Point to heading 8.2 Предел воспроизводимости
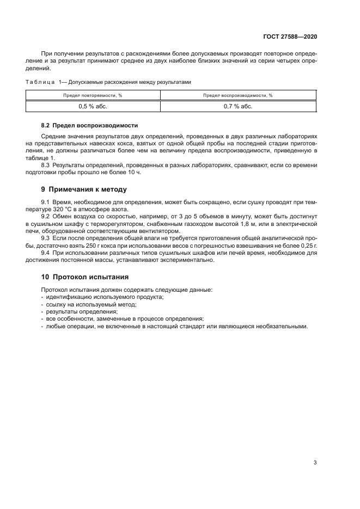[90, 125]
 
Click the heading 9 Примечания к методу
[84, 190]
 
